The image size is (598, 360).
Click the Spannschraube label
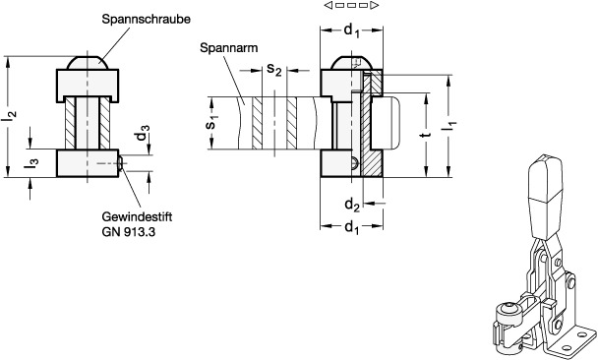tap(146, 20)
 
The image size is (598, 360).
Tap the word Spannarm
tap(228, 48)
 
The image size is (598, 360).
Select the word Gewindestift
tap(137, 216)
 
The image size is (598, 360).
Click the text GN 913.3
tap(129, 232)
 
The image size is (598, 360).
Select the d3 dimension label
tap(143, 133)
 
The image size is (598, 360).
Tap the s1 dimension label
tap(212, 122)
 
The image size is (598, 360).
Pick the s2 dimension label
tap(274, 70)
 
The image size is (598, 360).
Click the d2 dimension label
tap(352, 206)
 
